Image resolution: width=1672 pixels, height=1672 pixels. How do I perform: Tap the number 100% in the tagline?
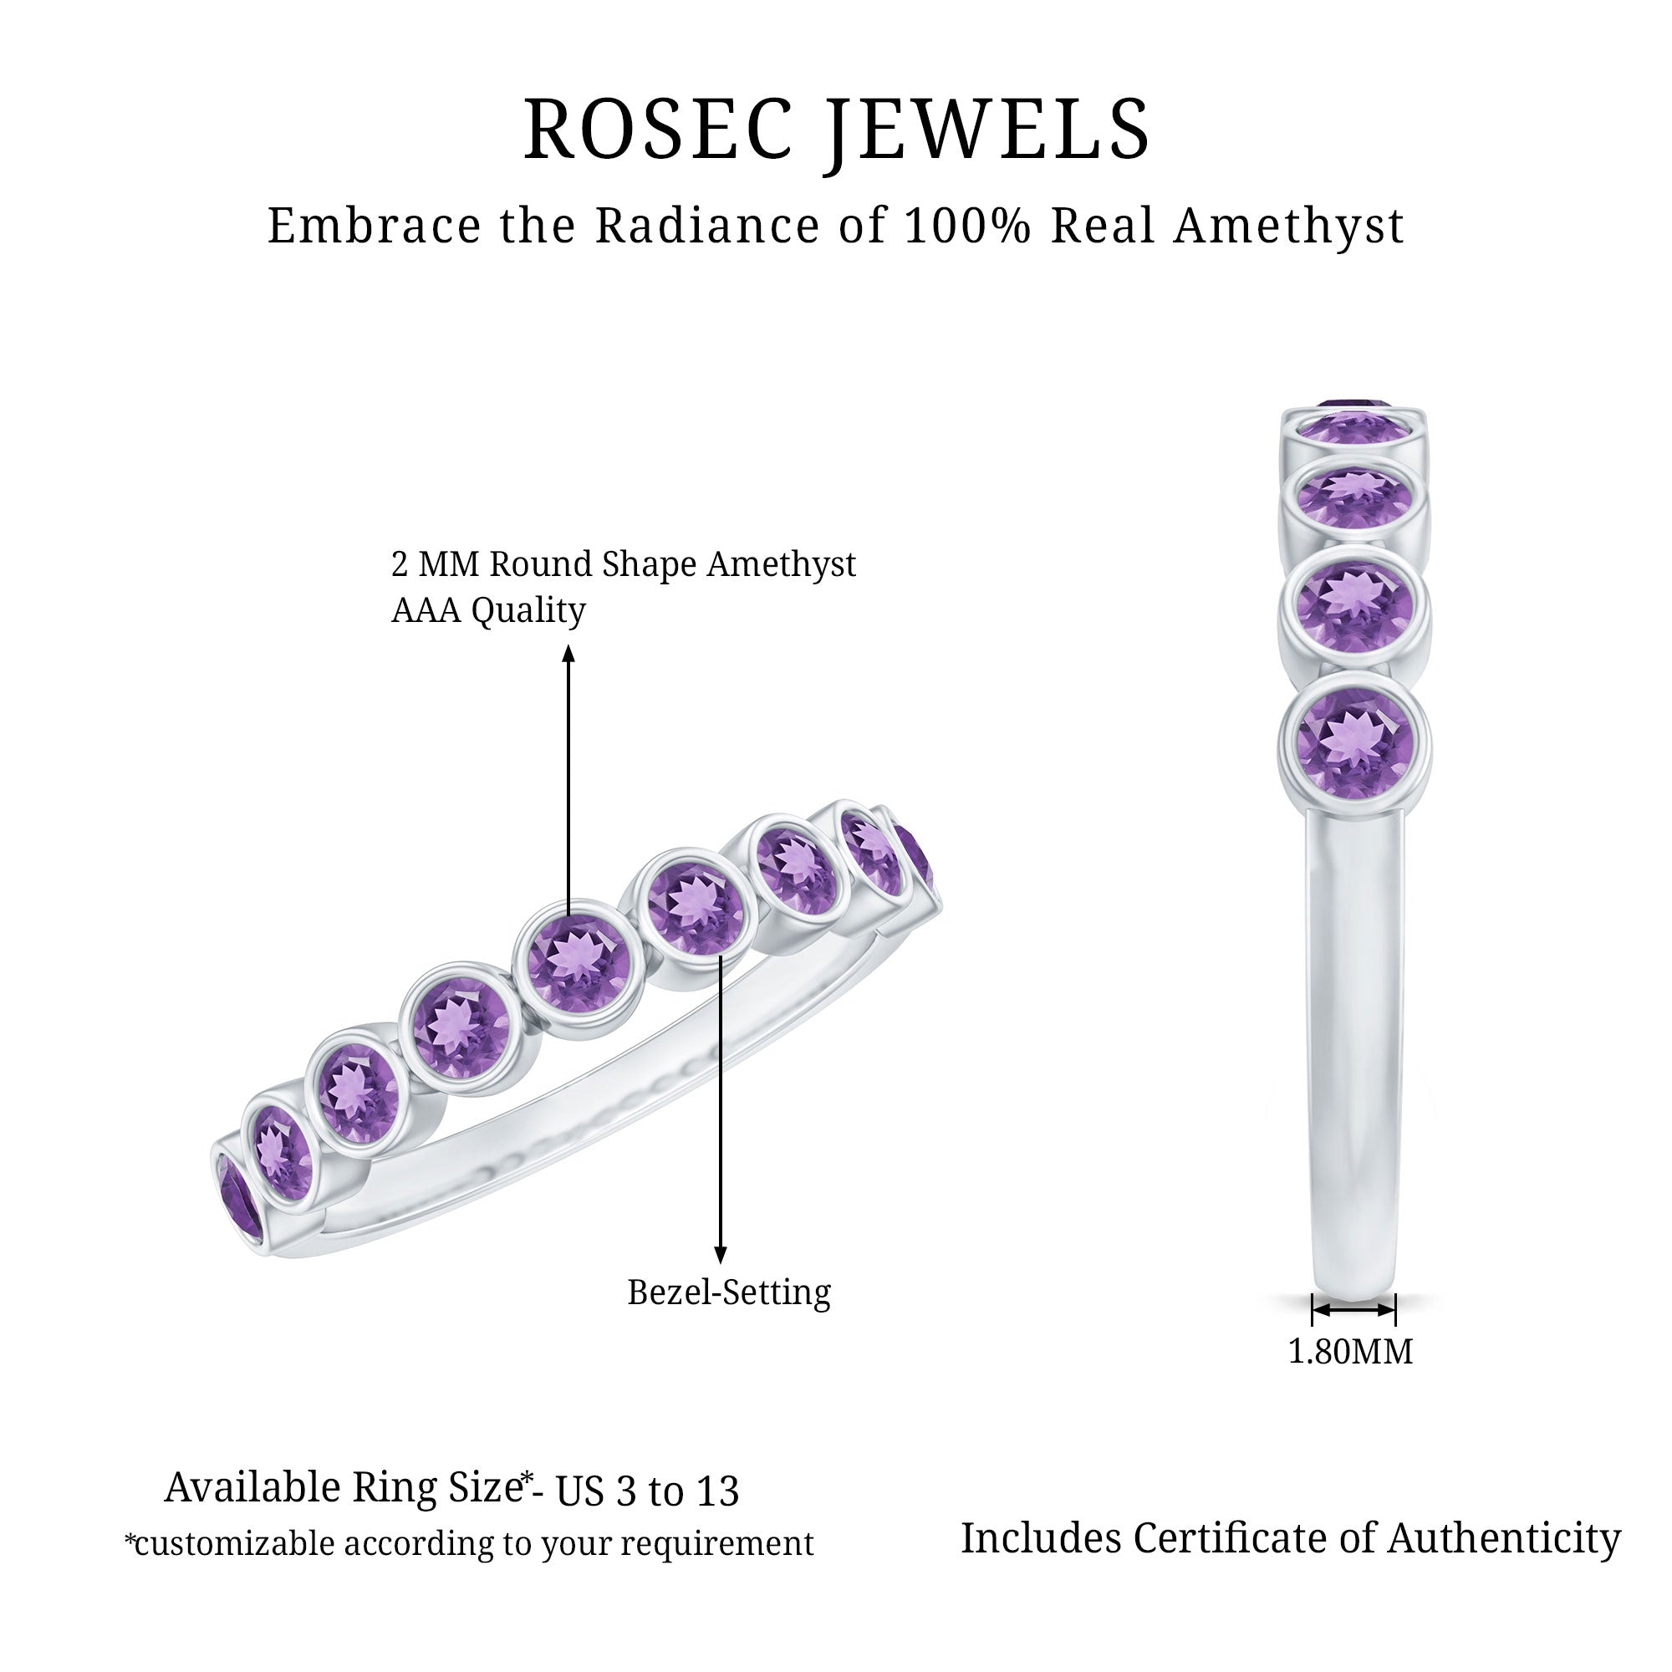point(966,226)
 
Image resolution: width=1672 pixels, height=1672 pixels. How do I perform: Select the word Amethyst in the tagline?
point(1287,227)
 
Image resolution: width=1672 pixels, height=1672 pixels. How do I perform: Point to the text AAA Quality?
point(488,611)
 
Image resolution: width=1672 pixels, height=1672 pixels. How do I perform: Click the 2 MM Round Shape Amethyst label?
point(623,564)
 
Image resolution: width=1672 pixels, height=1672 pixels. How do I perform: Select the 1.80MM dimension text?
point(1350,1351)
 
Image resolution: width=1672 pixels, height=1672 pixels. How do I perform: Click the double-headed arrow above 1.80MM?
point(1353,1310)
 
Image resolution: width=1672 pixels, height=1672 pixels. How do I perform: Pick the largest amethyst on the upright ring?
point(1354,741)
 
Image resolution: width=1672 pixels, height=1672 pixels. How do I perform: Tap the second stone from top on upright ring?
point(1354,496)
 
